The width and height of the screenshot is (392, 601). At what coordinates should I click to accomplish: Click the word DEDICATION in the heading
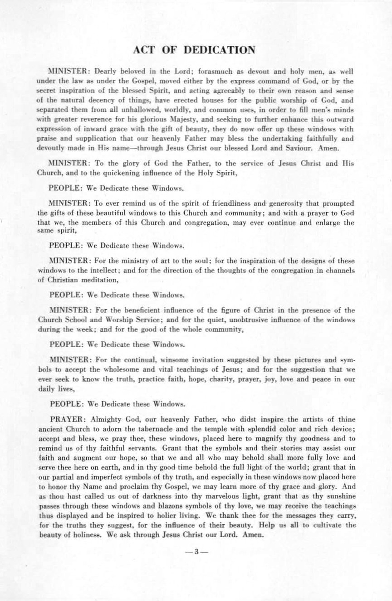pos(220,50)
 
